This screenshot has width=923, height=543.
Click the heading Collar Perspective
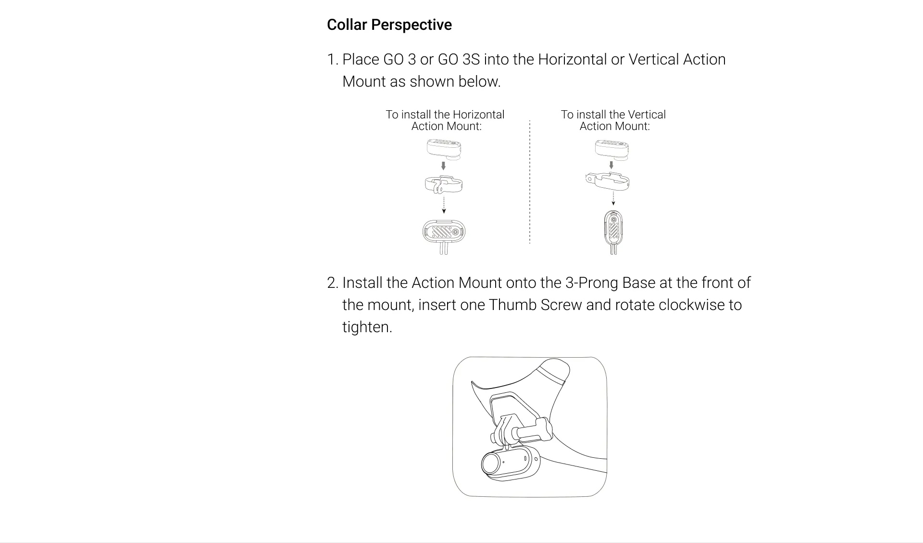389,25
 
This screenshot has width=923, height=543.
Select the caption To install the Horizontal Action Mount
445,120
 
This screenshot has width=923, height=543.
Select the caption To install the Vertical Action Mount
613,120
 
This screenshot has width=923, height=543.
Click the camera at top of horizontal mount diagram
444,149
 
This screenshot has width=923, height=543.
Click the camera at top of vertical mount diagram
612,149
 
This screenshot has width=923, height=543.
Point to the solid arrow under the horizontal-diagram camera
443,166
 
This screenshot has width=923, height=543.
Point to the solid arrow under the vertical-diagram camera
611,165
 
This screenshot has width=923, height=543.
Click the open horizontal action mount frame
444,184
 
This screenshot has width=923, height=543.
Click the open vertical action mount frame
607,181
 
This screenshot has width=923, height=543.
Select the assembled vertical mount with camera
613,232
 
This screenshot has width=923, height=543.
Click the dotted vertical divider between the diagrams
530,182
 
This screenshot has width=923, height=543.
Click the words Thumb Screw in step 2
536,305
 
